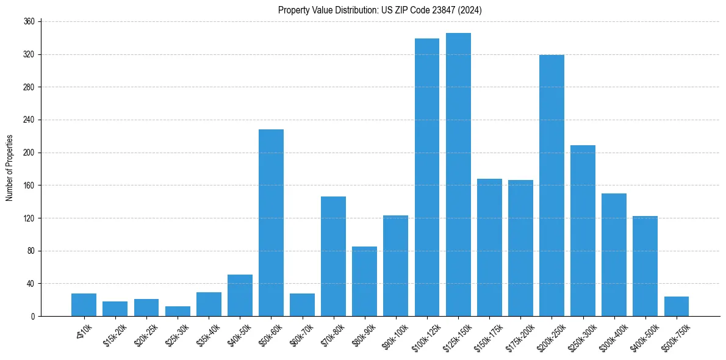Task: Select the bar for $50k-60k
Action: point(271,223)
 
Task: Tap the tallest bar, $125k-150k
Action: point(458,175)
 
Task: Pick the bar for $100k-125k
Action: point(427,177)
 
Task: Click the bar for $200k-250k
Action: point(552,185)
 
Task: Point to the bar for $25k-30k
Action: point(178,311)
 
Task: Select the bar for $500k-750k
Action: point(676,306)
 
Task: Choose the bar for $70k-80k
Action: point(333,256)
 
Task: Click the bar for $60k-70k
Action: point(302,304)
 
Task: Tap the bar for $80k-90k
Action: point(364,281)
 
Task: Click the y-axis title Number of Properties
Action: point(9,168)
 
